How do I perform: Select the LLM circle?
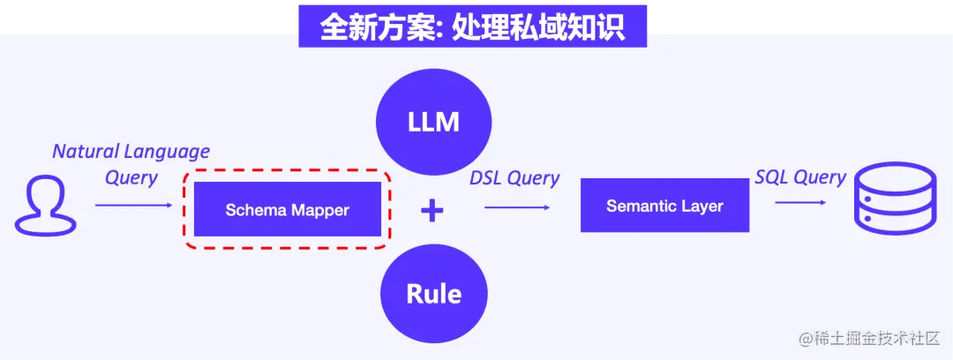pos(432,122)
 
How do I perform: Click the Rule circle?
pos(432,293)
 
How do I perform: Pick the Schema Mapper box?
pos(287,210)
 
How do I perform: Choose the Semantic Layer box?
pos(664,206)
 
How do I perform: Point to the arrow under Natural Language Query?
pos(133,206)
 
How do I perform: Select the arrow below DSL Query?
pos(517,207)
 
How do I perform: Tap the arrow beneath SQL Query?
pos(801,203)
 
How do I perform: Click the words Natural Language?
pos(131,151)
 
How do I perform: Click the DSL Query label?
pos(514,177)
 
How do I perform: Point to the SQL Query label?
pos(800,176)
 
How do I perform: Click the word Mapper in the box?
pos(319,210)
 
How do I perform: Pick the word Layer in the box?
pos(701,206)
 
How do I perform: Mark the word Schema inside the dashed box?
pos(254,210)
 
